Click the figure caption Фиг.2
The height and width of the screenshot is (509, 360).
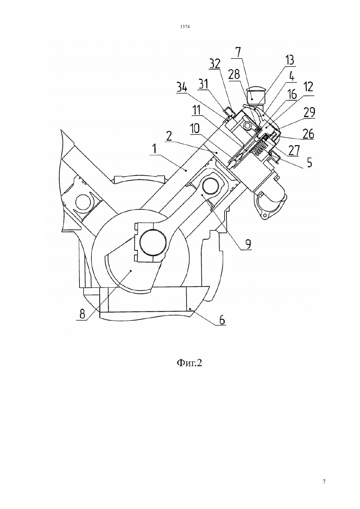tap(189, 363)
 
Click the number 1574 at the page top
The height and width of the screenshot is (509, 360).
tap(185, 27)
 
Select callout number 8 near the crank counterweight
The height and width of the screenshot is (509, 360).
tap(82, 314)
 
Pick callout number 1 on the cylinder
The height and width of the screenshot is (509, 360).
tap(155, 149)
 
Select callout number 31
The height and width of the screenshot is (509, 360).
tap(204, 84)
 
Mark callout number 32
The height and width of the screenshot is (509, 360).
tap(215, 64)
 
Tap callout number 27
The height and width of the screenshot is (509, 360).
tap(294, 150)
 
